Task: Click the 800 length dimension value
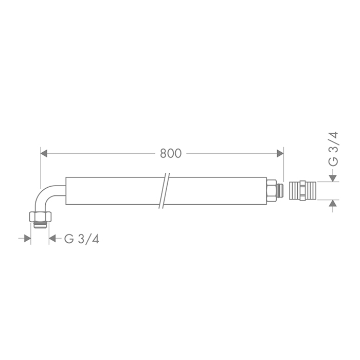(x=171, y=153)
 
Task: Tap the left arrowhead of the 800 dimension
(x=44, y=153)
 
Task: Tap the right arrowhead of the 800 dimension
(x=280, y=153)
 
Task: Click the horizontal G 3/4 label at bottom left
(x=82, y=239)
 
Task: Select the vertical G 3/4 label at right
(x=333, y=149)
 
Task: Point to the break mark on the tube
(x=164, y=191)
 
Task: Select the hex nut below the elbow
(x=40, y=217)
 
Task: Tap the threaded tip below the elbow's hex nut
(x=41, y=225)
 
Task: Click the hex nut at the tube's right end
(x=271, y=191)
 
